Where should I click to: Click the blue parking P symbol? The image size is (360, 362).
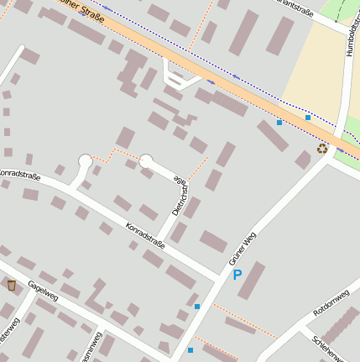click(237, 275)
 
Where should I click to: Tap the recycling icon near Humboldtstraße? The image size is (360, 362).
click(322, 149)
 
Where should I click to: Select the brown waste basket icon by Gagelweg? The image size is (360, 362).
click(12, 286)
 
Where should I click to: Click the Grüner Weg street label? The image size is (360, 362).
click(242, 249)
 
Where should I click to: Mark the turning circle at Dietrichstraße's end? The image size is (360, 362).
click(147, 160)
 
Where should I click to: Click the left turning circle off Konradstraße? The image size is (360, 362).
click(85, 160)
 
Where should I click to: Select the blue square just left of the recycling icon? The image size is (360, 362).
click(308, 118)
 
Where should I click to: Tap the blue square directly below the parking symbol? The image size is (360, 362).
click(197, 307)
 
